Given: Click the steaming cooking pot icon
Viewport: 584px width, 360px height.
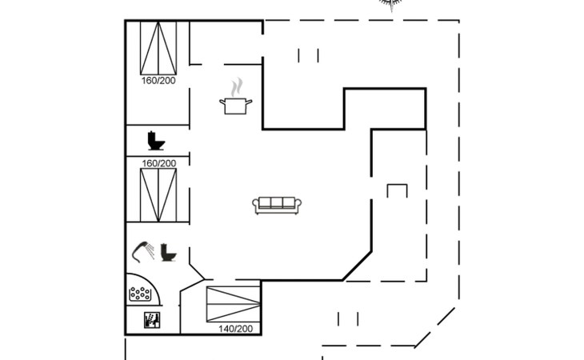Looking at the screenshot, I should click(235, 105).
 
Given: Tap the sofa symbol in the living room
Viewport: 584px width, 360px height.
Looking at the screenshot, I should click(276, 205).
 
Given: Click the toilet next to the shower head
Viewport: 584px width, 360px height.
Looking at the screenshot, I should click(168, 253).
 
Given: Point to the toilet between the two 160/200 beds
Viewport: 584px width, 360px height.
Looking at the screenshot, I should click(156, 141).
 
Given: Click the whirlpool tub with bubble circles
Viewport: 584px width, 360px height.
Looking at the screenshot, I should click(142, 294).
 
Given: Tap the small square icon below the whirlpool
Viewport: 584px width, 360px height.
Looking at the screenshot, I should click(151, 322).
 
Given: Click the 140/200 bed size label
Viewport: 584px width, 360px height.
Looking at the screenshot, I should click(235, 329).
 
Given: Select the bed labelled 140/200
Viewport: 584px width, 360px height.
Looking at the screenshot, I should click(233, 304).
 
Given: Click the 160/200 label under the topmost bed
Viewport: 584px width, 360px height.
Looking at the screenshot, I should click(158, 81).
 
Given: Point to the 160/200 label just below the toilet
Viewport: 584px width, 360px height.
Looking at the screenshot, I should click(158, 163).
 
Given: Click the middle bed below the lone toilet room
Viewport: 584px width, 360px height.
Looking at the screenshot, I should click(158, 194).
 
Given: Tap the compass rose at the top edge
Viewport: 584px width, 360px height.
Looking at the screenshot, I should click(390, 5).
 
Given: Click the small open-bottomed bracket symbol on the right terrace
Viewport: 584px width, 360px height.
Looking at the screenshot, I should click(397, 190).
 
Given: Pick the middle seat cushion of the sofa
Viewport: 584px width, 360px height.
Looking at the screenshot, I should click(276, 203).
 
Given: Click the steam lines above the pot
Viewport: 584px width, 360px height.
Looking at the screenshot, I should click(236, 86).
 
